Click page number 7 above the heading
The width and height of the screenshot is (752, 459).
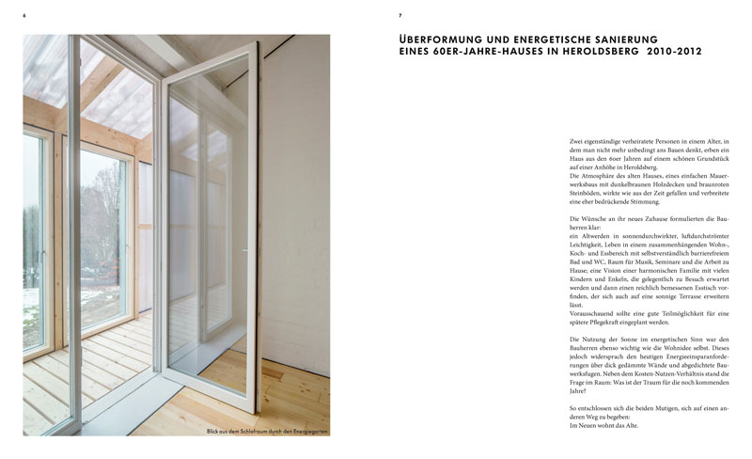pyautogui.click(x=400, y=15)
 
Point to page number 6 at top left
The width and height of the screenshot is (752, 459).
pyautogui.click(x=23, y=15)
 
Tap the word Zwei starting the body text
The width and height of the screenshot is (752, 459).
pyautogui.click(x=578, y=141)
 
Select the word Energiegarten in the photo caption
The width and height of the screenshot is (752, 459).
pyautogui.click(x=303, y=433)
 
